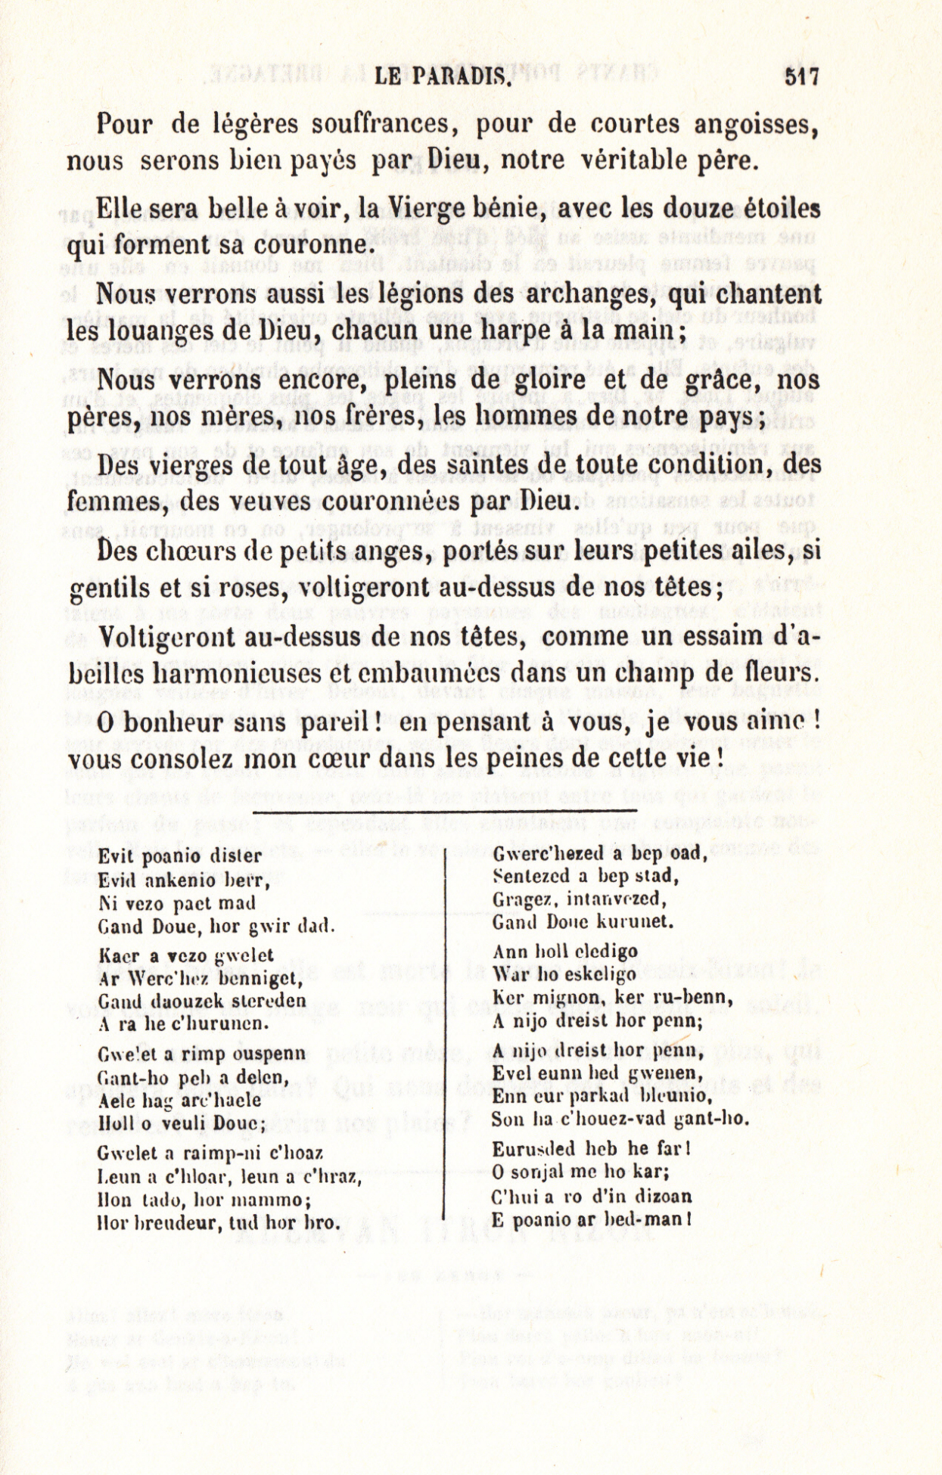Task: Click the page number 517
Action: click(802, 77)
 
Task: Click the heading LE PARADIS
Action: click(440, 77)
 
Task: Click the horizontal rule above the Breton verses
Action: click(446, 811)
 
